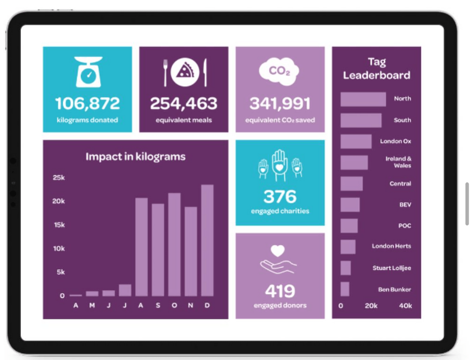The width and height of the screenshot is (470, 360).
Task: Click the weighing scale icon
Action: tap(88, 72)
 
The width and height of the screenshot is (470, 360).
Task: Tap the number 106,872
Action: tap(87, 103)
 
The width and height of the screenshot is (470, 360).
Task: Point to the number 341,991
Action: tap(280, 103)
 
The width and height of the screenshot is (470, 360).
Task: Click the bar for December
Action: tap(208, 240)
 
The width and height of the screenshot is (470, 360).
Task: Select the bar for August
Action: tap(141, 247)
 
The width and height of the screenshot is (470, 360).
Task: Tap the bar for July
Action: tap(125, 290)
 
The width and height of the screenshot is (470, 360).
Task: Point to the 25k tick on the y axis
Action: tap(59, 177)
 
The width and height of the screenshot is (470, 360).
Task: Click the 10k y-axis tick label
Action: tap(59, 248)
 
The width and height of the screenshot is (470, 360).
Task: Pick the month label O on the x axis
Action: tap(175, 305)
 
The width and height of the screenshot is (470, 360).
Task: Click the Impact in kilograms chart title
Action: tap(135, 157)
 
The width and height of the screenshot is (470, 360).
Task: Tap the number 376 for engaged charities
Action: tap(280, 197)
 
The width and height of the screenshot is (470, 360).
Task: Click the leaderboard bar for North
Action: tap(363, 99)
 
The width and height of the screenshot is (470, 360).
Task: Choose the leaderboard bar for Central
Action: tap(352, 183)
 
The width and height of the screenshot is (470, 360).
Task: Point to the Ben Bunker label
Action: tap(394, 290)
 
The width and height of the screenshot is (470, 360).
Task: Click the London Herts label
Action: tap(391, 246)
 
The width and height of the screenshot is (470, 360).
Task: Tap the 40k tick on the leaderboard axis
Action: tap(405, 306)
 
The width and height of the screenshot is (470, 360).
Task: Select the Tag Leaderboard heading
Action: tap(376, 69)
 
